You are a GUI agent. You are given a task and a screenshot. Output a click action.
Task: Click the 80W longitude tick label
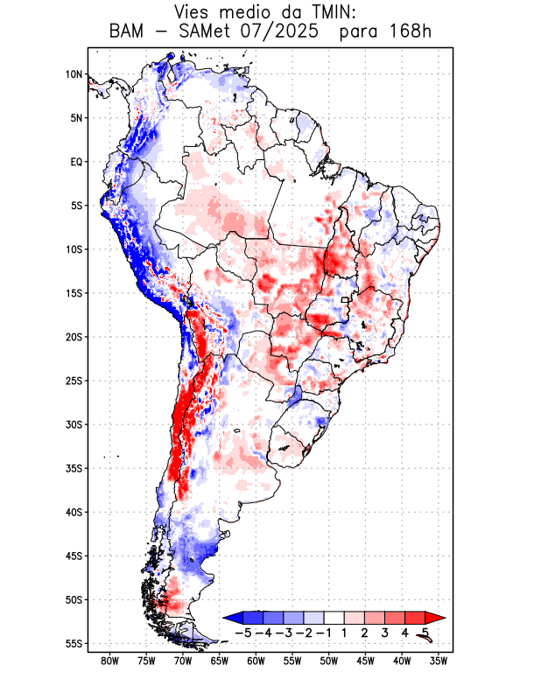click(110, 661)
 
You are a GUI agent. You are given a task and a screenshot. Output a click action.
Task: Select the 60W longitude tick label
click(256, 661)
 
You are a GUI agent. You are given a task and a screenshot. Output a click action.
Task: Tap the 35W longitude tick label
click(439, 661)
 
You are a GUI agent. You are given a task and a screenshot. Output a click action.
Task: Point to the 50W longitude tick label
click(329, 661)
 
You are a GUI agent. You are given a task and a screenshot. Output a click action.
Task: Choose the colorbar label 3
click(386, 633)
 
